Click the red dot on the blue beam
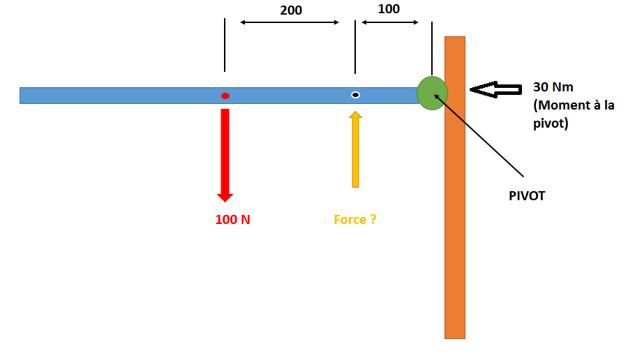pos(225,96)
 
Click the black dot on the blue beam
pos(355,95)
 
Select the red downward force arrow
pos(225,153)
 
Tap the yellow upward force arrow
pos(355,150)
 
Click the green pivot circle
pos(431,93)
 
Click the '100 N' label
pos(232,220)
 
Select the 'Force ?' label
pos(355,220)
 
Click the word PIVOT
pos(527,196)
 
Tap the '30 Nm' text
pos(553,87)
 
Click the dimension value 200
pos(291,10)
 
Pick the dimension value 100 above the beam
pos(389,9)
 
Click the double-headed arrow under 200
pos(290,23)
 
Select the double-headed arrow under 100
pos(389,23)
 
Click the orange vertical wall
pos(455,223)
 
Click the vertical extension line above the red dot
pos(225,45)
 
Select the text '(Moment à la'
pos(574,106)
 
